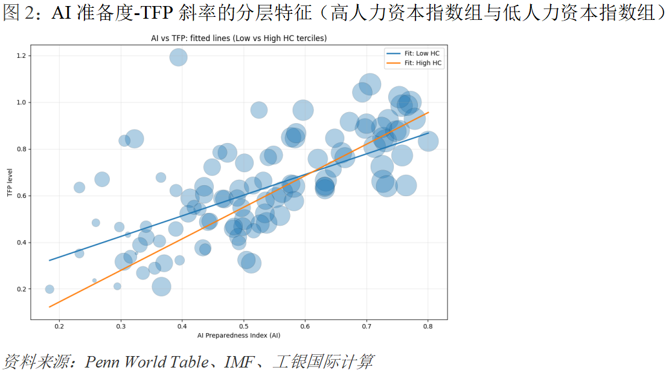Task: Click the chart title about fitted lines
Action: [239, 38]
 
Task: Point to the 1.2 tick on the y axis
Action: [24, 56]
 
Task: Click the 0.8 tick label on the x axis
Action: [427, 326]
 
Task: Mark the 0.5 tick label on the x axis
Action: [243, 326]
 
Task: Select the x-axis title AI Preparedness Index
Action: [239, 335]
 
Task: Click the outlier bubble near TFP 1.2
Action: [178, 57]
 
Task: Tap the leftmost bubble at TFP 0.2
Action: [50, 289]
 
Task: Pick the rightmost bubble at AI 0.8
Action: [428, 141]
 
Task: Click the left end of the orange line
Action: [50, 307]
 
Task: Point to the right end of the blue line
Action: [427, 133]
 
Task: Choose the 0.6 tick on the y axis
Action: [24, 196]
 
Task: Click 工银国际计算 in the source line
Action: [323, 361]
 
